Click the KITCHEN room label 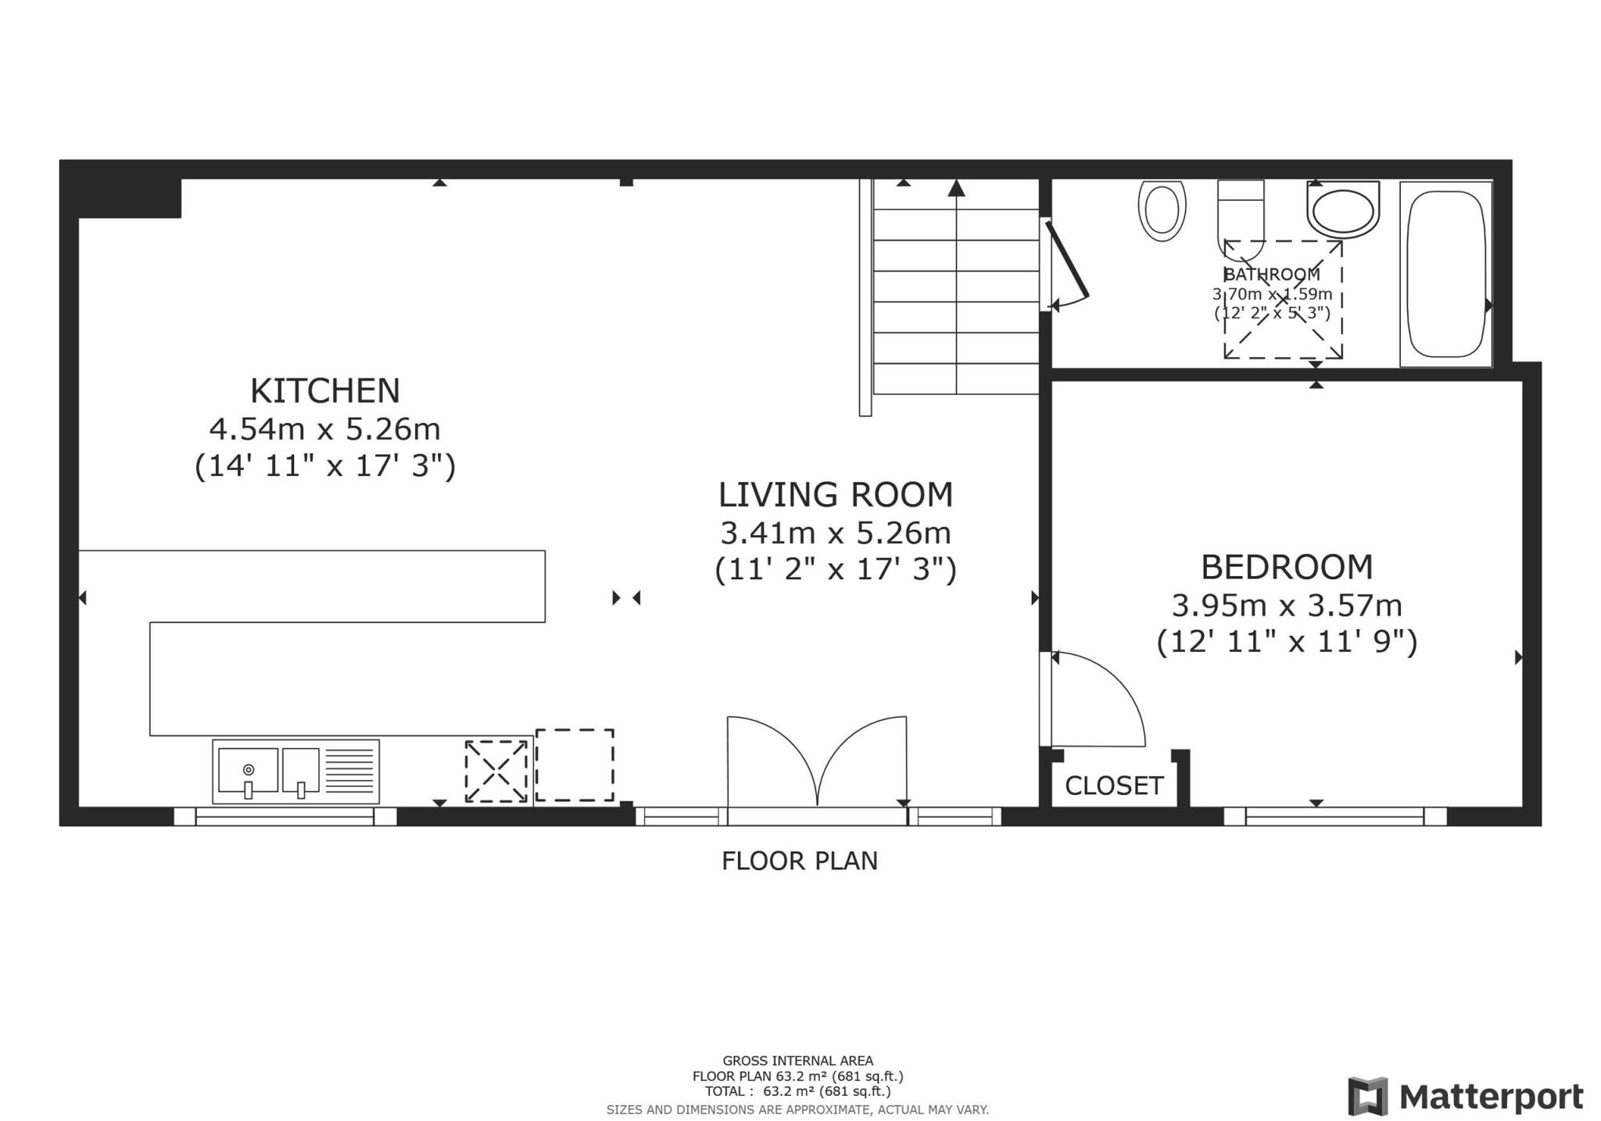(x=324, y=390)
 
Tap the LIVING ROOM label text (x=835, y=495)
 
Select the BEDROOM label (x=1286, y=568)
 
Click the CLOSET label (x=1113, y=786)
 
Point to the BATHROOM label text (x=1271, y=274)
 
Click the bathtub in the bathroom (x=1445, y=274)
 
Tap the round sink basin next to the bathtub (x=1342, y=210)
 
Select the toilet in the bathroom (x=1240, y=215)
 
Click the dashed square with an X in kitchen (x=496, y=771)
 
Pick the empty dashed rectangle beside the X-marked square (x=574, y=765)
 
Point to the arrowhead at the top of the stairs (x=956, y=188)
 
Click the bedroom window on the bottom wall (x=1334, y=816)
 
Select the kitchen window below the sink (x=285, y=816)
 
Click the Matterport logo (x=1466, y=1096)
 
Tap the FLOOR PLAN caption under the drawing (x=799, y=861)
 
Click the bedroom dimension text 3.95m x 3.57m (x=1286, y=605)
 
